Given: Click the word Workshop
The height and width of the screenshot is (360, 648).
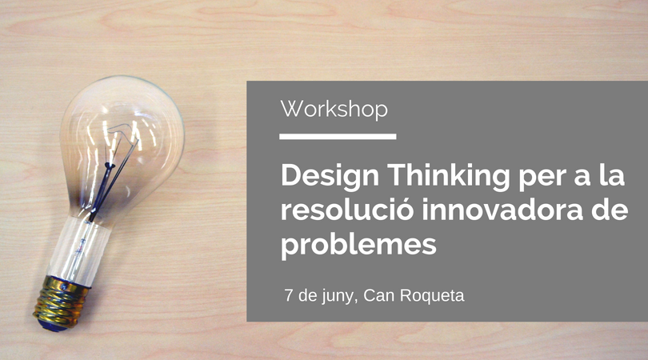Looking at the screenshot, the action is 334,110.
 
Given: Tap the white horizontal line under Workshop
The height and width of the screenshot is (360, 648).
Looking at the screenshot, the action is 338,136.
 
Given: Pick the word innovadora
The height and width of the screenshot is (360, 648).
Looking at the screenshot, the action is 502,210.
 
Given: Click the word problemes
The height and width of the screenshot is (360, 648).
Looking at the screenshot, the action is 358,245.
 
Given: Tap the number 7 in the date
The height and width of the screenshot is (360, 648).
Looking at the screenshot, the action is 289,295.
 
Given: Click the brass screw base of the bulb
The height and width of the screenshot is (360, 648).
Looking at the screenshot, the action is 62,301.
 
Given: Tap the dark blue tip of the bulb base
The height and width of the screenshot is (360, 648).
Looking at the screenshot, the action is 50,324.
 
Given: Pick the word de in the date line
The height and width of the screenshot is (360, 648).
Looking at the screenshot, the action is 306,295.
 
